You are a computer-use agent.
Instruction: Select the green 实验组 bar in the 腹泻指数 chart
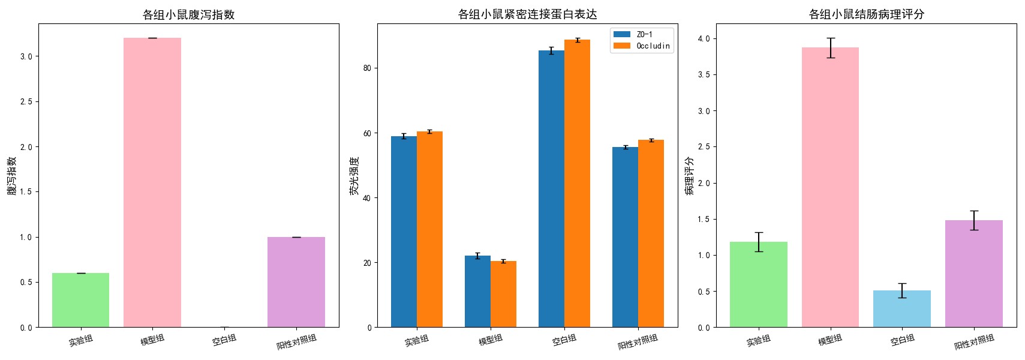80,300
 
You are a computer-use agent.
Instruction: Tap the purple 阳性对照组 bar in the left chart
296,282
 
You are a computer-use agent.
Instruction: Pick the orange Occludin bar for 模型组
503,294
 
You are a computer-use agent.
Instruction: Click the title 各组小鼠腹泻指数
188,14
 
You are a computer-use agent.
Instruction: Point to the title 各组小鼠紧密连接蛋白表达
527,14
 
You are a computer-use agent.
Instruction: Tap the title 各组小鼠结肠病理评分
866,14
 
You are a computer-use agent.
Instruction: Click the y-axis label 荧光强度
354,176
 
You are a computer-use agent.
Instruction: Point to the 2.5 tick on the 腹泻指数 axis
26,101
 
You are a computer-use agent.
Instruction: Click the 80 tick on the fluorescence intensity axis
367,68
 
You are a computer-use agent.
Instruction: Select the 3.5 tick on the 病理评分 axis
703,75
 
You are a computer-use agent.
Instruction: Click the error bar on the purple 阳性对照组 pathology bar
973,220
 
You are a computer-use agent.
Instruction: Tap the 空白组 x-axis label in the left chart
224,340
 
